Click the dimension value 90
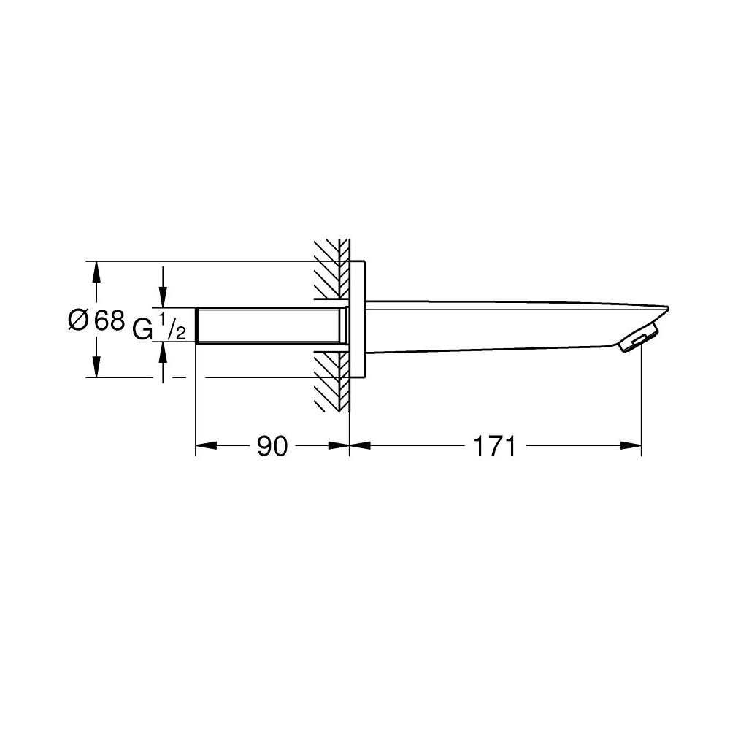pos(272,446)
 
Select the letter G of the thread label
pos(143,331)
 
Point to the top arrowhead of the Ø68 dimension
pos(95,270)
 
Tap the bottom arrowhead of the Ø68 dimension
pos(95,368)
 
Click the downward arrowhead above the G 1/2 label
pos(163,299)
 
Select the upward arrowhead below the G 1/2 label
pos(163,352)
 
